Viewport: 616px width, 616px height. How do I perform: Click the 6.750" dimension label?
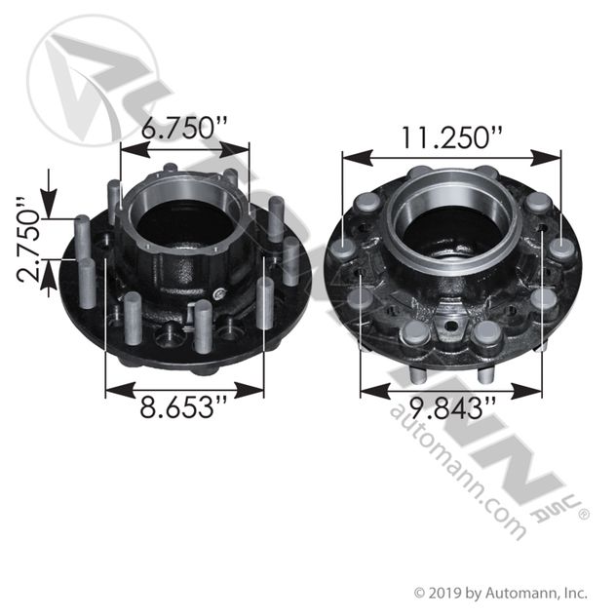pos(184,128)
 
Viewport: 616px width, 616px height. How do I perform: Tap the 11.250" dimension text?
pos(451,137)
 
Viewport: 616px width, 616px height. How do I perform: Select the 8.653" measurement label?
pos(183,407)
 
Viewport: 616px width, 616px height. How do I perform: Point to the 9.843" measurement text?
pos(451,408)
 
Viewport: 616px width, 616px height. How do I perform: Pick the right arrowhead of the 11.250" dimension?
pos(546,158)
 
